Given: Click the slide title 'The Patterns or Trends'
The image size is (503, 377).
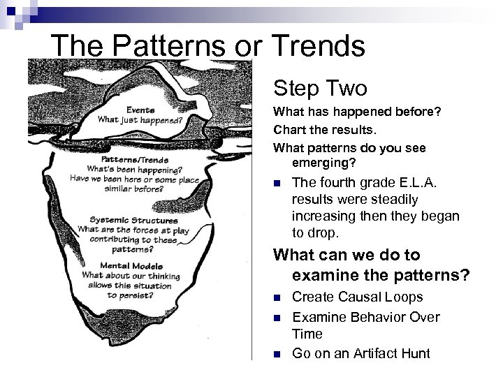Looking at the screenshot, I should coord(208,47).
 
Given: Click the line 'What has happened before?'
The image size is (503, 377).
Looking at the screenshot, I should coord(357,112).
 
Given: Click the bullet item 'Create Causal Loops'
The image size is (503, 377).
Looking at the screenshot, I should coord(357,297).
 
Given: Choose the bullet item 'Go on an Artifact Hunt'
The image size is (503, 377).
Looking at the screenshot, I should coord(361,353).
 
